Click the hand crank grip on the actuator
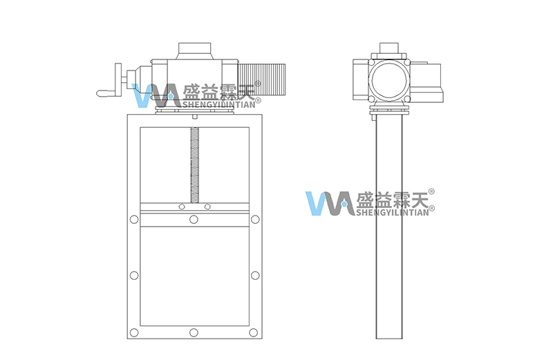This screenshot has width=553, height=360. point(109,93)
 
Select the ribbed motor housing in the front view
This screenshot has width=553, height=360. point(262,82)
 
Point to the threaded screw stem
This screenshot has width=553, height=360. point(194,165)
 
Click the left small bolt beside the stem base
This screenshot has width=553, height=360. point(182,207)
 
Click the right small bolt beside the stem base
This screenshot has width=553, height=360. point(207,207)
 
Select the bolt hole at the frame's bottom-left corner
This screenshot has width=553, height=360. point(134,332)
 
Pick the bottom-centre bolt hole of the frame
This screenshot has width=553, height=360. point(194,332)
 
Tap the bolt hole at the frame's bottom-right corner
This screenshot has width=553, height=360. point(253,332)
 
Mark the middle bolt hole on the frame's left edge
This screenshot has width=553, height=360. point(134,276)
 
